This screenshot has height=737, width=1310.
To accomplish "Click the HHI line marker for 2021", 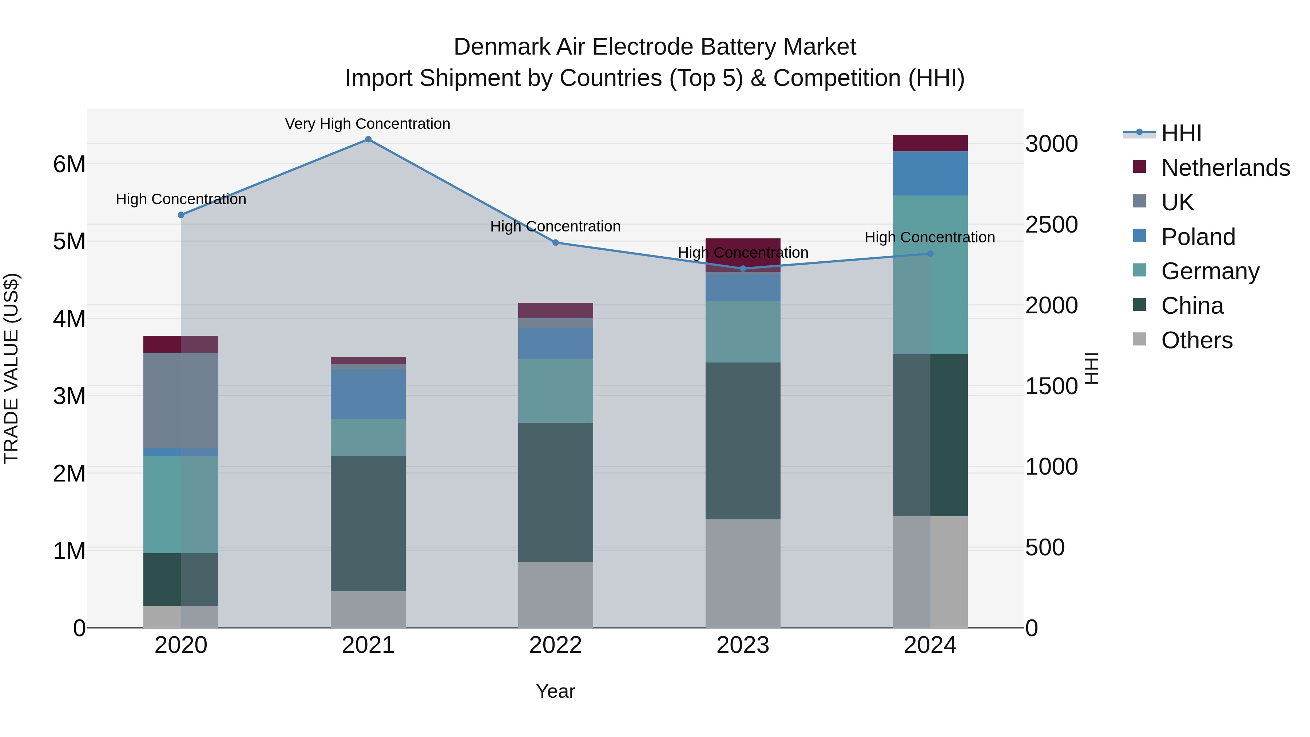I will click(x=368, y=139).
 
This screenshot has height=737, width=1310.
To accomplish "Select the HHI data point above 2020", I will click(x=181, y=215).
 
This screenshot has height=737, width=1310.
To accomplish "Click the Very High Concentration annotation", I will click(x=367, y=124).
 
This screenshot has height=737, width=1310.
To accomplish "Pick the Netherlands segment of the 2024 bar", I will click(x=930, y=143).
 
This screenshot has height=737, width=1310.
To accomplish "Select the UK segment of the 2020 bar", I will click(x=181, y=400).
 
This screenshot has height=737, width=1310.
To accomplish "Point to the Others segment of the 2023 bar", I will click(x=743, y=573).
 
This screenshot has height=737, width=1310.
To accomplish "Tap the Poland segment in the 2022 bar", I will click(x=555, y=344).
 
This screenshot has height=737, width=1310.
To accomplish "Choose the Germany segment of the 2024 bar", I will click(x=930, y=275).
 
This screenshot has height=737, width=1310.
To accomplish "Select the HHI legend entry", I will click(x=1181, y=133).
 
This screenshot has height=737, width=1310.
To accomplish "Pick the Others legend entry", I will click(x=1196, y=340).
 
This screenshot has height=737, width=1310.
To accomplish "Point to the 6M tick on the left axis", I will click(x=69, y=164).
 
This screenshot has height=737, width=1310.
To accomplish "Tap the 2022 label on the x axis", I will click(x=555, y=645).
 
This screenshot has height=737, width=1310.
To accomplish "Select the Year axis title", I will click(x=555, y=691).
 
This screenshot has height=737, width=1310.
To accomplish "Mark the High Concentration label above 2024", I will click(x=930, y=238).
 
